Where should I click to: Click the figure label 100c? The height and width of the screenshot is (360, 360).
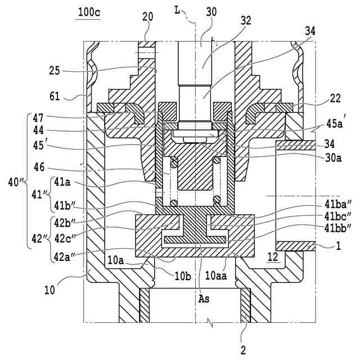[x=89, y=12]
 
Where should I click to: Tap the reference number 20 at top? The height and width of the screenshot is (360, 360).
[x=147, y=17]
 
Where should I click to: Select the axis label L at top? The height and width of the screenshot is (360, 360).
[x=177, y=10]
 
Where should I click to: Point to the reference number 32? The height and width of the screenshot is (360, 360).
[x=246, y=21]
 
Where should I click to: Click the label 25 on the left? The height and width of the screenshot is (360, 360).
[x=55, y=71]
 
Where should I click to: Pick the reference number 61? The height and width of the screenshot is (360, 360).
[x=55, y=96]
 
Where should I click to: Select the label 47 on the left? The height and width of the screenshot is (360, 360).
[x=38, y=118]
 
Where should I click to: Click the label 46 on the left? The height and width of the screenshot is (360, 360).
[x=39, y=167]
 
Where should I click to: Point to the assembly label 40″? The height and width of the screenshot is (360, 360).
[x=16, y=182]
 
